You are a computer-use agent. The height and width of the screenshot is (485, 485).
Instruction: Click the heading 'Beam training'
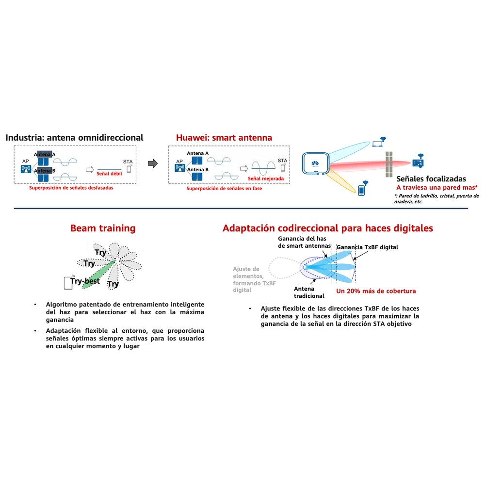point(103,228)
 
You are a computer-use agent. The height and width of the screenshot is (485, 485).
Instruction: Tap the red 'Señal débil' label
point(109,174)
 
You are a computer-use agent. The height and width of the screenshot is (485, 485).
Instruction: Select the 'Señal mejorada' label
point(266,178)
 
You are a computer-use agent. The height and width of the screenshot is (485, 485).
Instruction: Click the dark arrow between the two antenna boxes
point(153,163)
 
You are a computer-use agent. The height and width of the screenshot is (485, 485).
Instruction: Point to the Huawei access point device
point(316,163)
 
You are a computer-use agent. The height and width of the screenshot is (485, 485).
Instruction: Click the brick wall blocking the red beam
point(389,164)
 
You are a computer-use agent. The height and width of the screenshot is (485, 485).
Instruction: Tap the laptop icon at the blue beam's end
point(377,144)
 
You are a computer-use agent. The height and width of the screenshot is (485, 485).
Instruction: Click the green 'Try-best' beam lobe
point(98,275)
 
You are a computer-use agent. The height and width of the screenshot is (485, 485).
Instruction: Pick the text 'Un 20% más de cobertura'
point(376,291)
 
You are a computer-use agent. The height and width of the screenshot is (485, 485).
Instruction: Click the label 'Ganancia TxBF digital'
point(367,247)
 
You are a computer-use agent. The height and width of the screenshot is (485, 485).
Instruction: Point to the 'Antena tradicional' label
point(309,292)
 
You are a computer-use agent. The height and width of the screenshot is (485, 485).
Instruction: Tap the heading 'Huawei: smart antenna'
point(224,138)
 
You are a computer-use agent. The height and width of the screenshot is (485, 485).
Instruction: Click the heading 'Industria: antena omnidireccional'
point(74,138)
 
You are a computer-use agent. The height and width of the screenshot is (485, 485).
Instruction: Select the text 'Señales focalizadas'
point(431,179)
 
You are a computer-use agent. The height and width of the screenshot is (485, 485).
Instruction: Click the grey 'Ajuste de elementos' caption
point(254,279)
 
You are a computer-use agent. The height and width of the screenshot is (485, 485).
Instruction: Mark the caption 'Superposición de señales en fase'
point(224,188)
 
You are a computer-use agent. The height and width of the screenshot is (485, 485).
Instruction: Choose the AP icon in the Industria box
point(26,169)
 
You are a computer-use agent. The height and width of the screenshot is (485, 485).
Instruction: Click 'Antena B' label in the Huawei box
point(198,169)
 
